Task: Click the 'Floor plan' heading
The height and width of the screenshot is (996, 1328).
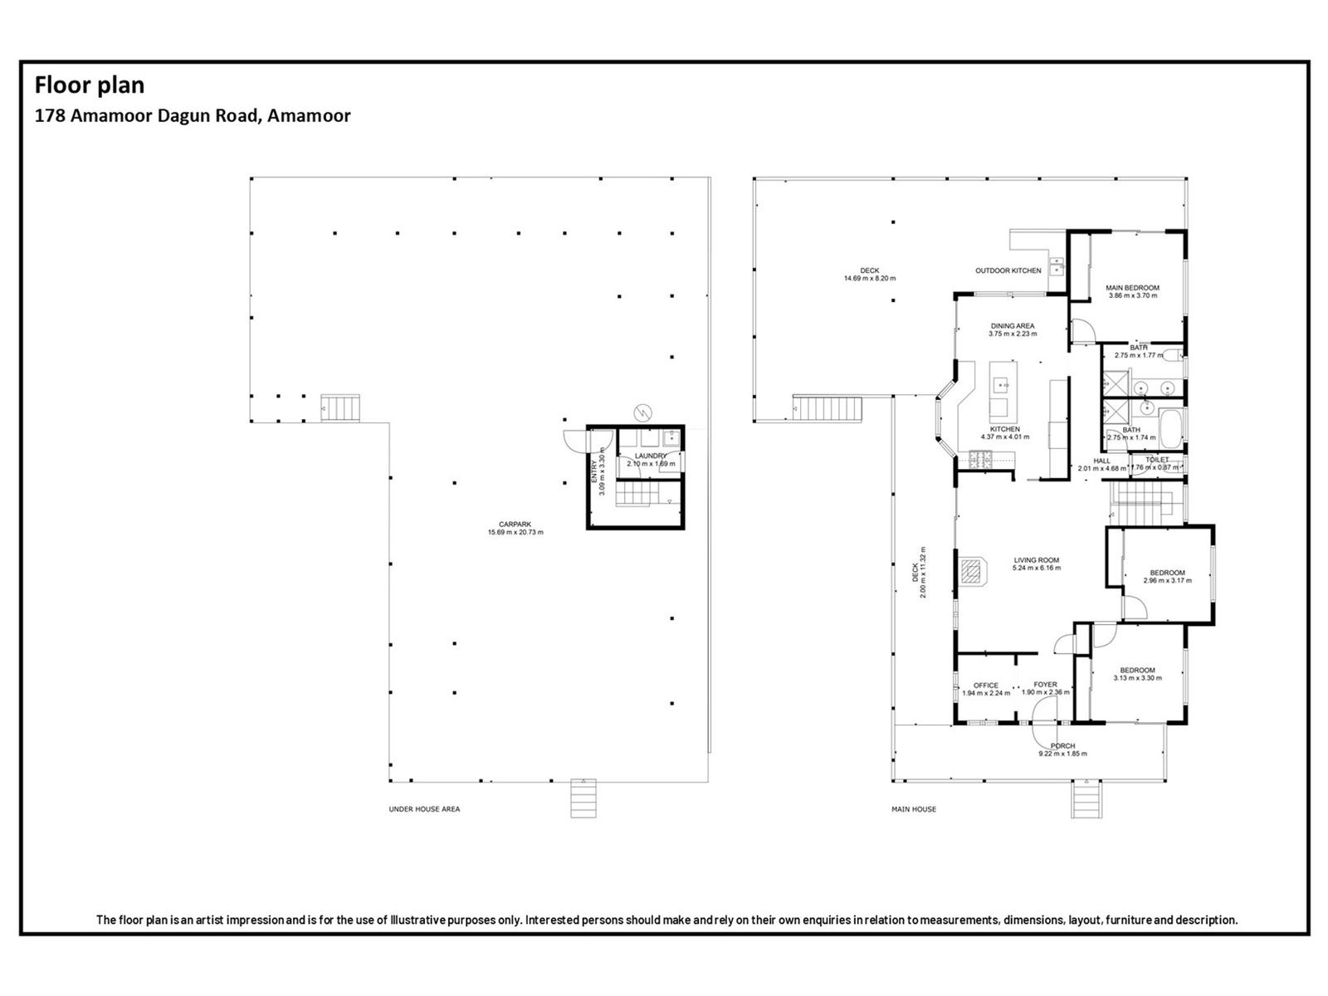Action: point(89,85)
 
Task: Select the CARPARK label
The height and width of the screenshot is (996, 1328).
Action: point(515,524)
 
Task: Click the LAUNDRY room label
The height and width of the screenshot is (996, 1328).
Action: point(650,456)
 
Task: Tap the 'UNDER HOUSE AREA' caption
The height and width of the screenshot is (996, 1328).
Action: point(424,808)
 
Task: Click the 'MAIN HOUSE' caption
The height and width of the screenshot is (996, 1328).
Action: point(913,808)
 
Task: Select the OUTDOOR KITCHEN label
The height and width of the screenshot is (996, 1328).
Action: point(1008,271)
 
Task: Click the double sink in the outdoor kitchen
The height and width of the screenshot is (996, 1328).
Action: point(1056,266)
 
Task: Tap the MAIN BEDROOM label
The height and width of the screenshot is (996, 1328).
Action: point(1132,288)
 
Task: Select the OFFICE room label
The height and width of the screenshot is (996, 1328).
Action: point(985,686)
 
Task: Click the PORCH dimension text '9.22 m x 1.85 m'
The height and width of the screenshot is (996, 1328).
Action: point(1062,754)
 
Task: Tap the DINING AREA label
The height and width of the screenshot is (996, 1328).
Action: point(1013,326)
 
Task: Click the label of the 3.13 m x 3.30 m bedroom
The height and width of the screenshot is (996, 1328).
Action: point(1137,671)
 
